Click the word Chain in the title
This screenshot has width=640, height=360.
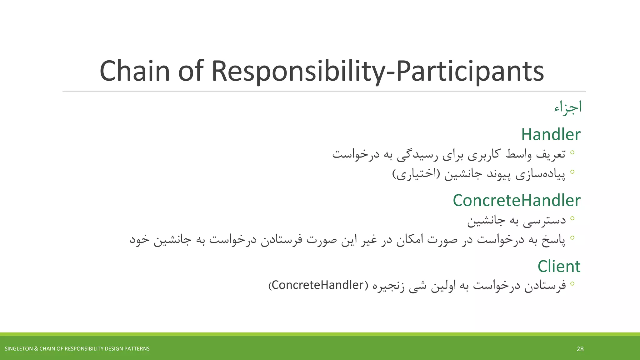tap(135, 71)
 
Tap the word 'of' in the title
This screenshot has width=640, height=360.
tap(191, 71)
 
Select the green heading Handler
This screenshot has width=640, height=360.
tap(551, 135)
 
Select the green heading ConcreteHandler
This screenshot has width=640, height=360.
tap(516, 201)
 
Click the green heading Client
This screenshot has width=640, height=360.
tap(559, 267)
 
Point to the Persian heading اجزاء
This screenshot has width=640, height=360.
tap(568, 107)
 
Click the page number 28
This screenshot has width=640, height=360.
tap(580, 349)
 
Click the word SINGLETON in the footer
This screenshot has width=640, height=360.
tap(17, 349)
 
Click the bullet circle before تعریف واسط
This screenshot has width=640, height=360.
tap(572, 152)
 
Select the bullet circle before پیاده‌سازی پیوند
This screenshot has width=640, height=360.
tap(572, 172)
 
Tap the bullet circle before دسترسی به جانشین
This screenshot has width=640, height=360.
tap(572, 218)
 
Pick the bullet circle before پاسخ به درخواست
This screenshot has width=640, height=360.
tap(572, 238)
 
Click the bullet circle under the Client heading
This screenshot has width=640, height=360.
tap(572, 284)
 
